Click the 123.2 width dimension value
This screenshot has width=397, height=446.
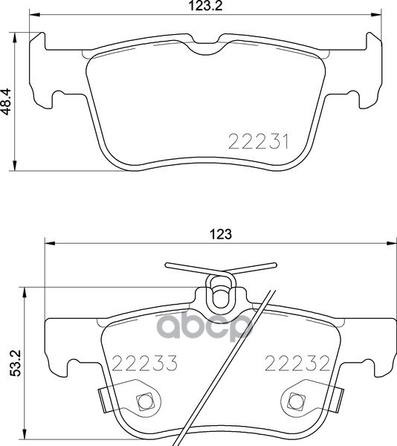205,6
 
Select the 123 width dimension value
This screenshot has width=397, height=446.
221,234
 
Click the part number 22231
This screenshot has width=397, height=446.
259,141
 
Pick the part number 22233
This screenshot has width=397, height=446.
144,363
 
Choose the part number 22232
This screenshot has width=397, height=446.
297,363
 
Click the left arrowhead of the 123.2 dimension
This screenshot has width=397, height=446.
35,15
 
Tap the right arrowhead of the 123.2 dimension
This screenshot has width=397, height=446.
375,15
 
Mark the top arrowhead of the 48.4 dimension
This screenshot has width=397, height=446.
14,38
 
